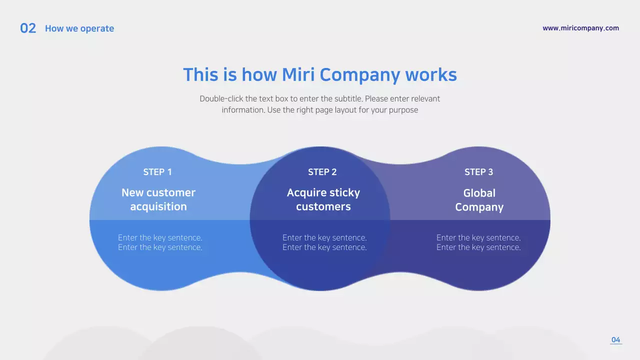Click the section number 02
[x=28, y=28]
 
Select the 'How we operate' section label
[x=79, y=28]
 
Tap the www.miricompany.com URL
[x=580, y=28]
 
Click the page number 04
[x=615, y=340]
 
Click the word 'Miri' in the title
[x=298, y=75]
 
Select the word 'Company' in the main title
[x=359, y=75]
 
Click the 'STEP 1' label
[x=157, y=172]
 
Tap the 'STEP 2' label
[x=322, y=172]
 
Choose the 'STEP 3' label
[x=478, y=172]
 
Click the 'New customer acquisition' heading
[x=158, y=199]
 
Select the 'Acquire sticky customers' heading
[x=323, y=199]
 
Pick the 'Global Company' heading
[x=479, y=200]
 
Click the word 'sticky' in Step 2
[x=343, y=193]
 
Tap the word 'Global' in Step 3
[x=479, y=193]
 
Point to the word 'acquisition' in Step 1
[x=158, y=206]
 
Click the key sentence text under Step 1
[x=160, y=242]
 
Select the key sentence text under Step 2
[x=324, y=242]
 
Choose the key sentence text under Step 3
[x=478, y=242]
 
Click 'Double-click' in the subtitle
[x=221, y=99]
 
